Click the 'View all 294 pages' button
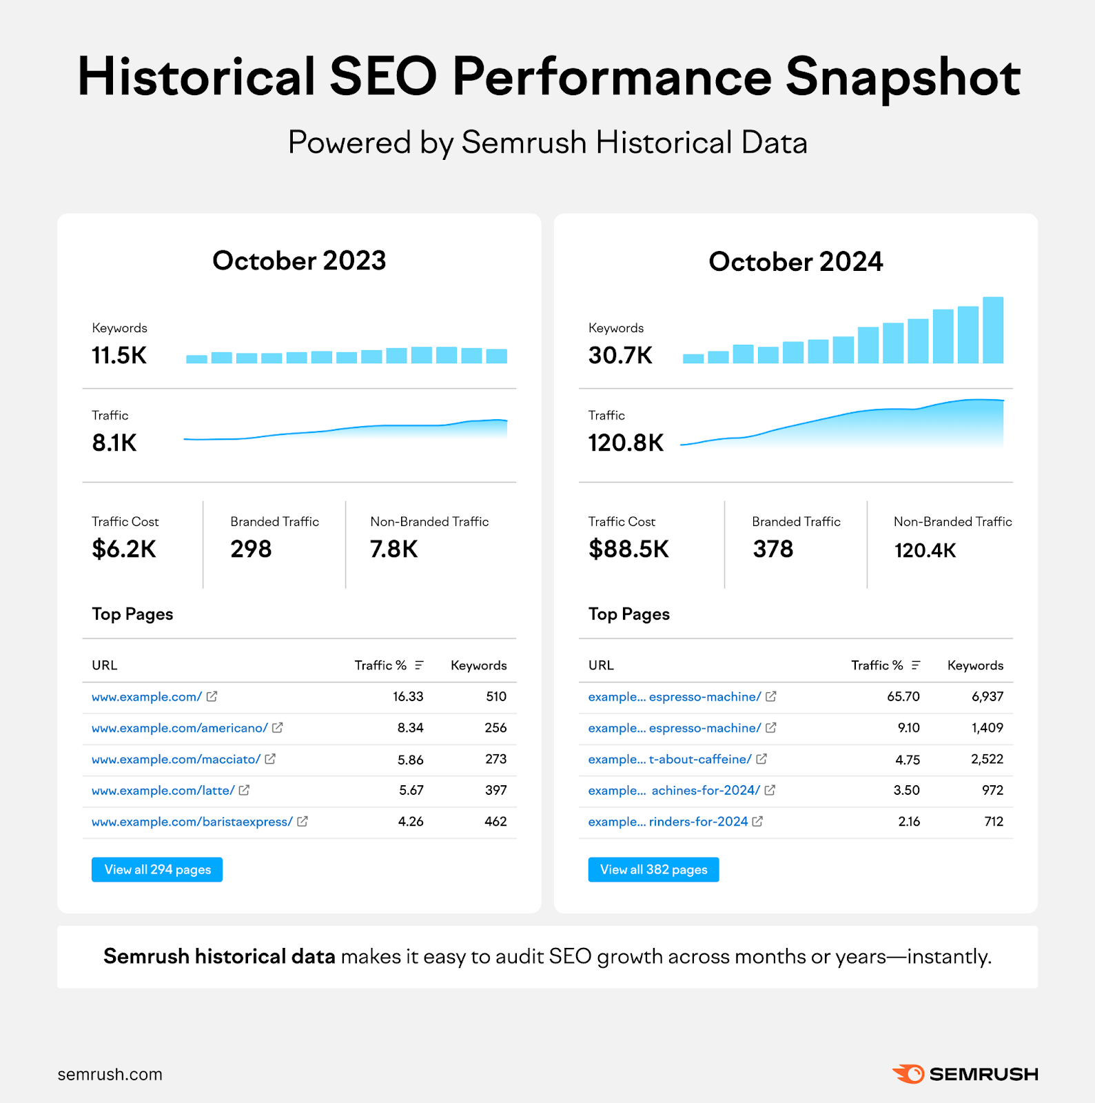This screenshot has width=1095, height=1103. coord(157,869)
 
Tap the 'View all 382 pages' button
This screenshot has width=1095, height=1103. coord(653,869)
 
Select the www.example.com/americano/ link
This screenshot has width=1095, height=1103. coord(179,728)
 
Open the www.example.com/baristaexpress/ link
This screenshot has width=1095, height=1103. coord(192,822)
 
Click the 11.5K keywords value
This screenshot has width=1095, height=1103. coord(119,356)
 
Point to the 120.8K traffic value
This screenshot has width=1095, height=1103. coord(626,443)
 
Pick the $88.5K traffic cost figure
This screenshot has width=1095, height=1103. coord(628,549)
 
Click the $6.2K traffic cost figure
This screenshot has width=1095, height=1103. coord(124,549)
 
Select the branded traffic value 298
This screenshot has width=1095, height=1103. coord(251,549)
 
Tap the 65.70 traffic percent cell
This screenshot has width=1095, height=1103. coord(903,697)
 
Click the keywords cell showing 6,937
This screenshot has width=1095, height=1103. coord(987,697)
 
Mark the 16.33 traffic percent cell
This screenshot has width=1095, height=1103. coord(408,697)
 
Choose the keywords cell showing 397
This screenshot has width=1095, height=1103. coord(495,791)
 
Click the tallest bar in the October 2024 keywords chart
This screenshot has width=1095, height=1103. coord(993,330)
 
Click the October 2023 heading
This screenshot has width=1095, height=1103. coord(299,261)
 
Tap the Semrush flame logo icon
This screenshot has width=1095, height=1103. coord(908,1074)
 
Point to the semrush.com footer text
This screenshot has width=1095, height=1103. coord(110,1074)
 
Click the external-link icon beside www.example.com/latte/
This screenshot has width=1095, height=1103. coord(244,791)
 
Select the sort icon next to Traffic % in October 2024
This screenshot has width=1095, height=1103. coord(916,665)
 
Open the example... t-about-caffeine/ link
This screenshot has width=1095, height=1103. coord(669,760)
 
